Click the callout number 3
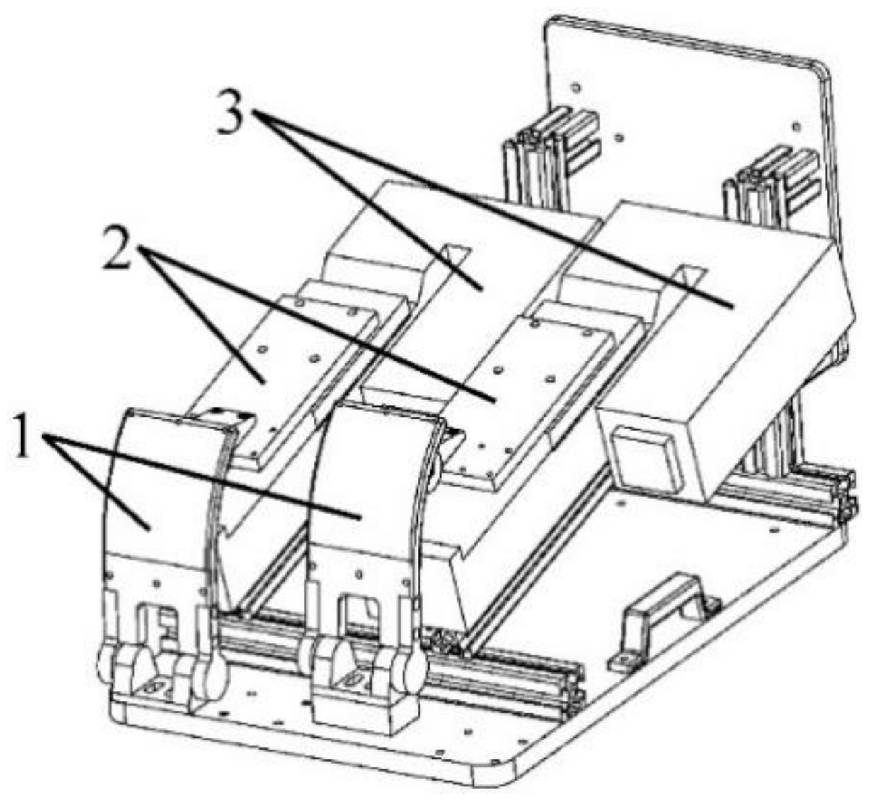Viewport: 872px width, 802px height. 232,113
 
